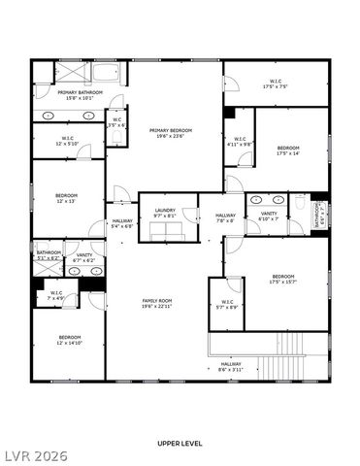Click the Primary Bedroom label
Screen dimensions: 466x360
pyautogui.click(x=171, y=132)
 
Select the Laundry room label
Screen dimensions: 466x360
pyautogui.click(x=164, y=213)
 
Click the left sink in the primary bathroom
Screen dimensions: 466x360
pyautogui.click(x=49, y=116)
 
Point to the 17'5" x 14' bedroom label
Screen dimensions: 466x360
pyautogui.click(x=287, y=150)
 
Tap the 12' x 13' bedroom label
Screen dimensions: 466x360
pyautogui.click(x=67, y=198)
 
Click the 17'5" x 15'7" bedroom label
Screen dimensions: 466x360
pyautogui.click(x=283, y=280)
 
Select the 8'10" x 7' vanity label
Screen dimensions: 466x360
pyautogui.click(x=268, y=217)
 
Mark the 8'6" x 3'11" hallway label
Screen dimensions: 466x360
pyautogui.click(x=230, y=367)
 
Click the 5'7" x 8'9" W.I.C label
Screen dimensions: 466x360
pyautogui.click(x=227, y=304)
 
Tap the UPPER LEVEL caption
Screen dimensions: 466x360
pyautogui.click(x=180, y=443)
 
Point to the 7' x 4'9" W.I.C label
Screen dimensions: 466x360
pyautogui.click(x=56, y=295)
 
